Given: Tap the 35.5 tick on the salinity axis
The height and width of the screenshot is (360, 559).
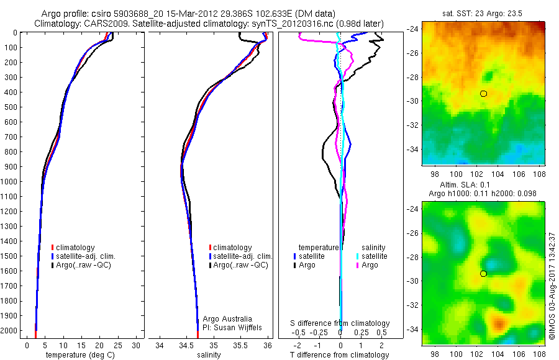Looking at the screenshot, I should (240, 345).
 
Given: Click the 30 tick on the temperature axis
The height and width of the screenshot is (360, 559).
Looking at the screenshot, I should (137, 345).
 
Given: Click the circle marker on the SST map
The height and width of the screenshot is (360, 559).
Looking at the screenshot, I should (483, 94).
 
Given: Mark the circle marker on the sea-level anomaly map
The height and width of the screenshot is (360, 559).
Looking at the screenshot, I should (483, 274).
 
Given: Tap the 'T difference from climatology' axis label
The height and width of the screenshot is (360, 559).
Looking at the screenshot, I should (340, 355).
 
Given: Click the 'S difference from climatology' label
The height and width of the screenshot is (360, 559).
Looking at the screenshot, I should (340, 323).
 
